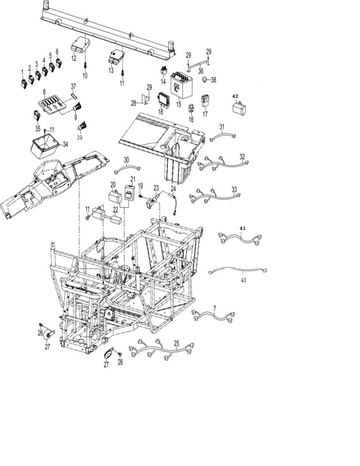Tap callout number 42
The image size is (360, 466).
click(x=235, y=96)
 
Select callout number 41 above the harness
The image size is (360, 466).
click(x=242, y=228)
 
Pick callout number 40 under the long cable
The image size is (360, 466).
click(x=243, y=280)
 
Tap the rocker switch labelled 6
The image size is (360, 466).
click(x=58, y=62)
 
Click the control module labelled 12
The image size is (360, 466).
click(x=80, y=44)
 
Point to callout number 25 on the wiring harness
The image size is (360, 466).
click(x=176, y=343)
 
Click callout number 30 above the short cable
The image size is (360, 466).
click(x=126, y=160)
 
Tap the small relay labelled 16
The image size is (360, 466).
click(x=191, y=108)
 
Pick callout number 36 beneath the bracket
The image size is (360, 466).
click(x=201, y=71)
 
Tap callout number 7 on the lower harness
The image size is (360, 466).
click(x=214, y=308)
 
